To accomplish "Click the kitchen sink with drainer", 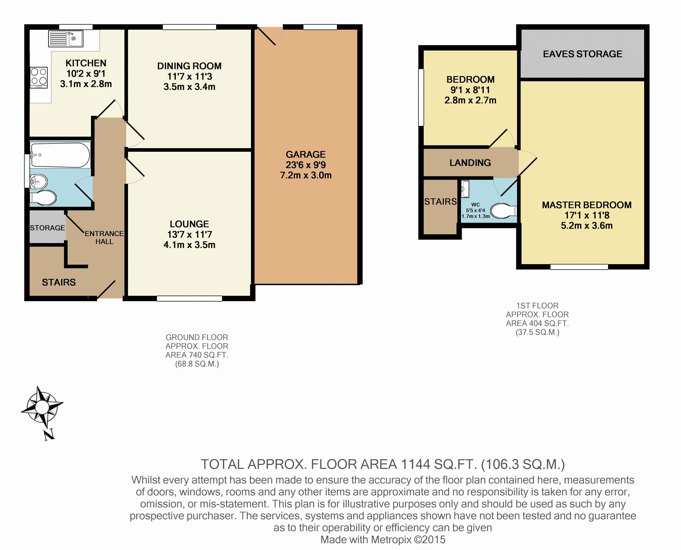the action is (x=66, y=39).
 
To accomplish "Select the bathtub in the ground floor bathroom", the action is (x=60, y=155).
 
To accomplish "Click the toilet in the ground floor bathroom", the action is (x=43, y=198).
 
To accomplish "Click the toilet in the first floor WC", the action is (x=504, y=211).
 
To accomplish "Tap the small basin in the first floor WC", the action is (x=465, y=187).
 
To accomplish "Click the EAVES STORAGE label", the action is (x=582, y=54).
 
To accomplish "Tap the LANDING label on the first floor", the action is (x=470, y=163).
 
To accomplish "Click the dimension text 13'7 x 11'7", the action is (x=189, y=234).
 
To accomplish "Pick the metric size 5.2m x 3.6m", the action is (x=587, y=226).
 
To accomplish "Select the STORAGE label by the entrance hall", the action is (x=47, y=228).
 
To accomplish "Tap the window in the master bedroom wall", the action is (x=579, y=267).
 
